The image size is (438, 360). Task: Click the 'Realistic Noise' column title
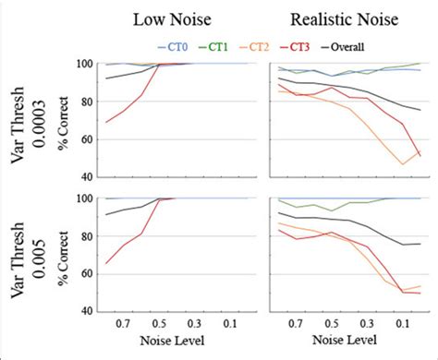coord(339,19)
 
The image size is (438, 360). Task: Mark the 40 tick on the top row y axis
coord(88,176)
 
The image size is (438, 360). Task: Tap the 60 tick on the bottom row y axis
coord(88,273)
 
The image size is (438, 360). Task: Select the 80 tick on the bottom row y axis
coord(88,236)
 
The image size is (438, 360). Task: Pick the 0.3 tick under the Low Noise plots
coord(194,325)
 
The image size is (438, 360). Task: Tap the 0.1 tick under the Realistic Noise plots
coord(401,325)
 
